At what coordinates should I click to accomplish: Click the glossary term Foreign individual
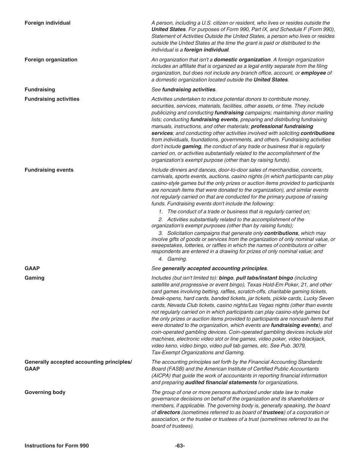[47, 23]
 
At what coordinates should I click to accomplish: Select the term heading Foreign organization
[51, 60]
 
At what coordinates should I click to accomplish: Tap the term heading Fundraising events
[49, 170]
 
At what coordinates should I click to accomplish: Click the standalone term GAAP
[32, 269]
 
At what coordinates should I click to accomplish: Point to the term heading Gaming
[34, 278]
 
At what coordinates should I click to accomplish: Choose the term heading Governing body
[45, 393]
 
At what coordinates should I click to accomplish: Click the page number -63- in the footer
[180, 446]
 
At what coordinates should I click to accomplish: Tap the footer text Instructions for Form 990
[57, 446]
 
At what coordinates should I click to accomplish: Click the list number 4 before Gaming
[161, 259]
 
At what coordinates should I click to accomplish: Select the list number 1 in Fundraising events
[161, 212]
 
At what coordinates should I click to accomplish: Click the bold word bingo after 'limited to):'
[226, 278]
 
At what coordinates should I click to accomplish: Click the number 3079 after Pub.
[300, 346]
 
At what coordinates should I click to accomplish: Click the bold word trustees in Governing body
[273, 413]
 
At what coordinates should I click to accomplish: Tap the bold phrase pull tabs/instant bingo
[265, 278]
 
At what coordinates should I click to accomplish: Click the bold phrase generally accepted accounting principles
[214, 269]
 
